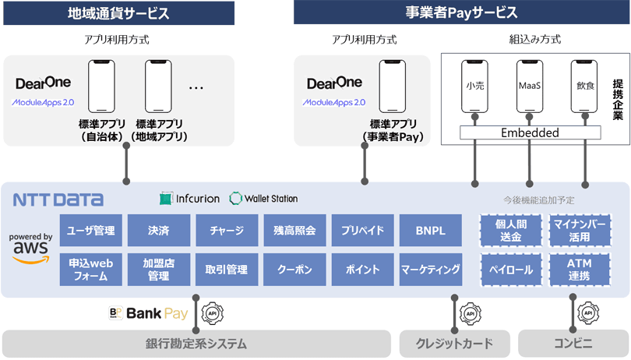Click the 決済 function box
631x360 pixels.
click(x=158, y=231)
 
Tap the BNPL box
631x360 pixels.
click(x=430, y=231)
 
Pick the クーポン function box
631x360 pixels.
click(x=294, y=270)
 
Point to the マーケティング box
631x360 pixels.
click(x=430, y=270)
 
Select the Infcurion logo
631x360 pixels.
click(x=189, y=199)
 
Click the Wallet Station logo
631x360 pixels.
click(x=263, y=199)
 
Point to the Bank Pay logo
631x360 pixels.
click(x=148, y=314)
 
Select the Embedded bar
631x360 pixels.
click(x=529, y=132)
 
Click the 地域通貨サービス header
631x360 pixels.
click(x=118, y=12)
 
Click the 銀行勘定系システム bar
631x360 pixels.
click(x=196, y=344)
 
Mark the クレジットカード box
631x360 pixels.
click(x=455, y=344)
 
